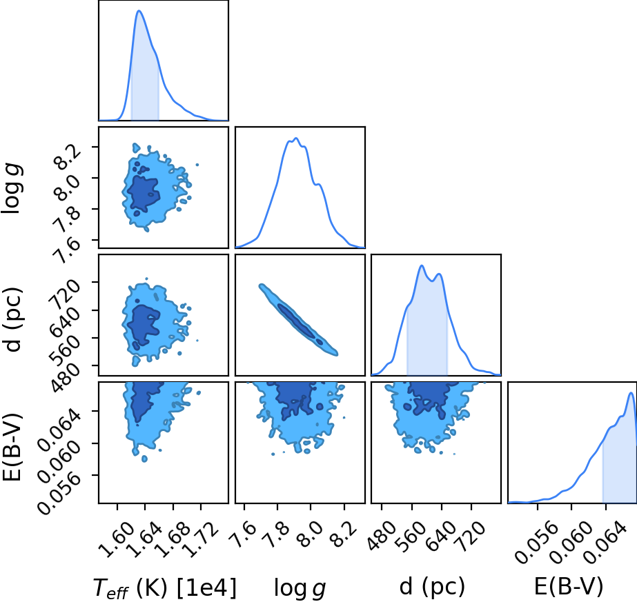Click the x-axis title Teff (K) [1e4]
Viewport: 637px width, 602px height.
point(164,588)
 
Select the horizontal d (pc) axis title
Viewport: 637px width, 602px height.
point(433,586)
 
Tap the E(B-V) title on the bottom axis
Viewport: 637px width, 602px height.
point(569,586)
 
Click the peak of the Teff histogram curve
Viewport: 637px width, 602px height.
point(139,10)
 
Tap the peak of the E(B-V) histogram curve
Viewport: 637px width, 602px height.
point(631,392)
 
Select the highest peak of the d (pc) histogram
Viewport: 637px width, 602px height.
point(422,265)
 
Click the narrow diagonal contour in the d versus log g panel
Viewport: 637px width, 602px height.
point(299,320)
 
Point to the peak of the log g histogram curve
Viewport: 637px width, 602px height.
point(296,139)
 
